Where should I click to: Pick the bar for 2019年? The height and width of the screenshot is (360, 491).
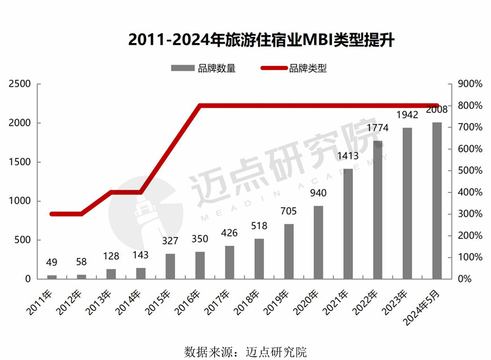click(288, 251)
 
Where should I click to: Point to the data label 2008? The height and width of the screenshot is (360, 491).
click(436, 111)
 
